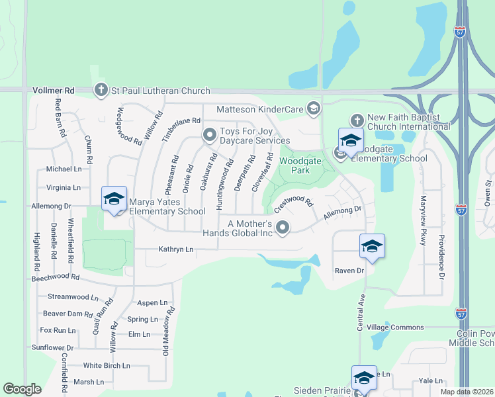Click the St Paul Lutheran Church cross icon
[101, 90]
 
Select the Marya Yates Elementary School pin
[114, 198]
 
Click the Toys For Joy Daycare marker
[210, 136]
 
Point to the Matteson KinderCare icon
[313, 108]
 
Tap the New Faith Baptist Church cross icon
[357, 120]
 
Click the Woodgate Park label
[295, 165]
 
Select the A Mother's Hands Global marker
[283, 228]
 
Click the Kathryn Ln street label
[176, 249]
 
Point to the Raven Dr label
[349, 271]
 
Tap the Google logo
[22, 389]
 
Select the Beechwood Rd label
[56, 279]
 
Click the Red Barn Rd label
[61, 118]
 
